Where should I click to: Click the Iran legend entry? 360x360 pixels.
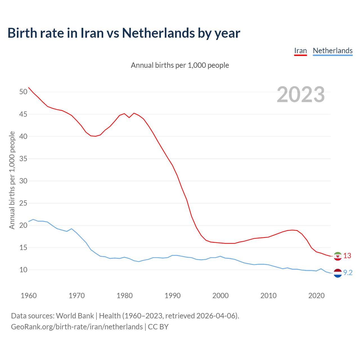300,51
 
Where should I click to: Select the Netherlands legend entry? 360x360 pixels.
332,51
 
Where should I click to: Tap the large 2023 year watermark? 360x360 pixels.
301,94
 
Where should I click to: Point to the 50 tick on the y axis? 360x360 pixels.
23,92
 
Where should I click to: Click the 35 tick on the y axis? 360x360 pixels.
23,159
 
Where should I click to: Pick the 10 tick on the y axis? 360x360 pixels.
23,270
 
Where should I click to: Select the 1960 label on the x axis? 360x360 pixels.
29,296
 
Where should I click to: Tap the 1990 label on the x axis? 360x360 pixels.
172,296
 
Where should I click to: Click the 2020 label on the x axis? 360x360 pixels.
316,296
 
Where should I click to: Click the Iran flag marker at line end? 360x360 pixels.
337,256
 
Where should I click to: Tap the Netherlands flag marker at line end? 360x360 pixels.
337,273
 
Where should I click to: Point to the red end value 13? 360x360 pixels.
347,256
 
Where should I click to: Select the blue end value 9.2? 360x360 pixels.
348,273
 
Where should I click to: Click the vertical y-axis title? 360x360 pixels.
12,180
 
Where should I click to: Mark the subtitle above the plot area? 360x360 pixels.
180,65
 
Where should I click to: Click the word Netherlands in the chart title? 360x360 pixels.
158,33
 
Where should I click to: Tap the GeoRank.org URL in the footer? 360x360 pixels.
77,327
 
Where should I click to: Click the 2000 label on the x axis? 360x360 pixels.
220,296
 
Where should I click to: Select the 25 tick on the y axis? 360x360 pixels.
23,203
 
